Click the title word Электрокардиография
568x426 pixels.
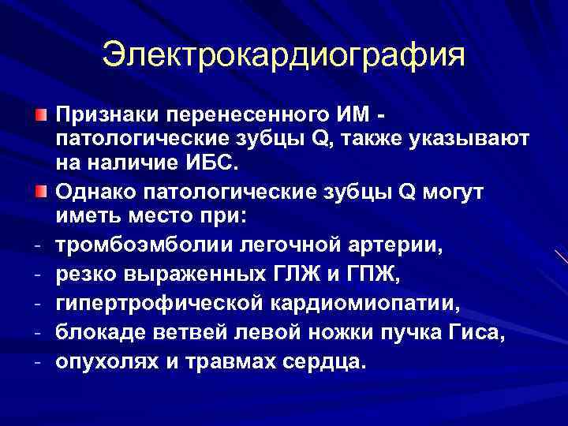284,55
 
